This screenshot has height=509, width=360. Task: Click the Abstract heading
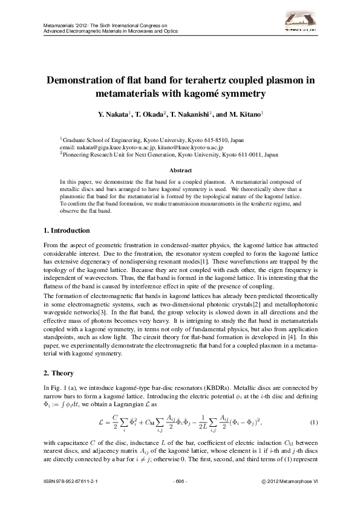coord(180,170)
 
